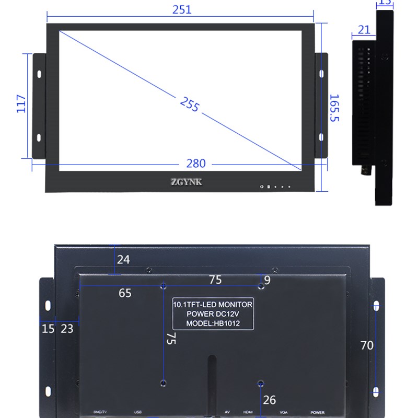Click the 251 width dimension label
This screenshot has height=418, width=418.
coord(182,9)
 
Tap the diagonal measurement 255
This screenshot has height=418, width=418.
coord(190,104)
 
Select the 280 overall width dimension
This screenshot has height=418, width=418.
coord(196,164)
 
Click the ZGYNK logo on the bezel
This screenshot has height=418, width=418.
coord(185,182)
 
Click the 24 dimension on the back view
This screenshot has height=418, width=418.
coord(123,259)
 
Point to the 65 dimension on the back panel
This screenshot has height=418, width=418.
coord(125,293)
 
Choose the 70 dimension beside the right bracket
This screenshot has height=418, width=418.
coord(367,345)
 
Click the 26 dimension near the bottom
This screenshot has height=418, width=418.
coord(269,400)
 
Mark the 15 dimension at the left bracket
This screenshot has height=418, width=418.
coord(48,329)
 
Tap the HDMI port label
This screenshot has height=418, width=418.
coord(248,412)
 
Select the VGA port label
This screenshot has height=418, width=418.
coord(284,412)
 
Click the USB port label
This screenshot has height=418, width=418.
coord(137,412)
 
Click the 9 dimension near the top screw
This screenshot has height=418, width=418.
coord(268,280)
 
